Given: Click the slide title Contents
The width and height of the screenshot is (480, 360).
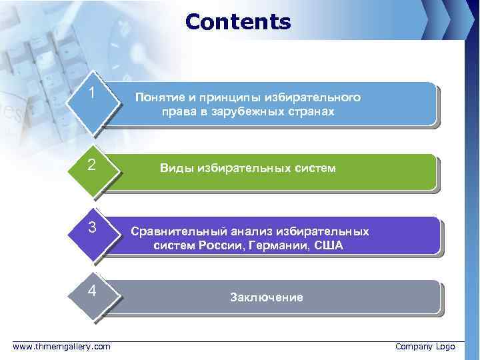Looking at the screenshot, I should click(238, 22).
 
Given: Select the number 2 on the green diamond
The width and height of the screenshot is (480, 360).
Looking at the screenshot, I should click(93, 163).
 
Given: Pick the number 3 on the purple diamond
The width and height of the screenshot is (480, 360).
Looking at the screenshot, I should click(94, 227).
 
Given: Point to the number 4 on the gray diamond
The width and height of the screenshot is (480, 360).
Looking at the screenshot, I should click(93, 291).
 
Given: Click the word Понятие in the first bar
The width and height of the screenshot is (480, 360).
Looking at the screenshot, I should click(160, 97).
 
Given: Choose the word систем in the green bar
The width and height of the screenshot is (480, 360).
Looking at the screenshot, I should click(315, 169).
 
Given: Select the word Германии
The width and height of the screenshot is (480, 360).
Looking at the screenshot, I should click(273, 246).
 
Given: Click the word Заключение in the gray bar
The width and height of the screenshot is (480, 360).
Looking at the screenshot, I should click(266, 297).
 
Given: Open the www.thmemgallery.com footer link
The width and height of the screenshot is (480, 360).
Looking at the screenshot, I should click(62, 347).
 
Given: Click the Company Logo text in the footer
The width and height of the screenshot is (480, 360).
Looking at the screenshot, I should click(425, 347).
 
